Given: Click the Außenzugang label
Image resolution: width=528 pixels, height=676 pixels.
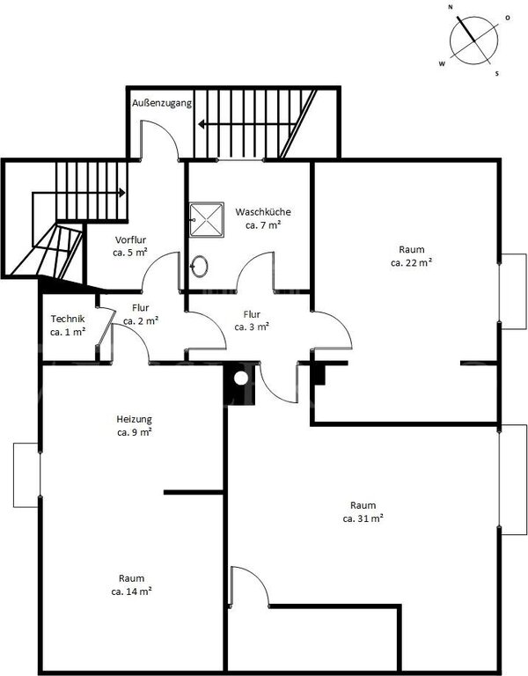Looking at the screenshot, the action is [x=162, y=104].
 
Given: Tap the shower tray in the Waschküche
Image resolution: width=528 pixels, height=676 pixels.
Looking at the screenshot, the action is [x=207, y=219].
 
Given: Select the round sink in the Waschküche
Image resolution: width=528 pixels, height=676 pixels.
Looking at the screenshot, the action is [x=199, y=267].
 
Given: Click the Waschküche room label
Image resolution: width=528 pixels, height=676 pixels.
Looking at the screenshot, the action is [x=263, y=212].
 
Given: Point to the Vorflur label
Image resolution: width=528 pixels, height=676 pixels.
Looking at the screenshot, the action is [x=130, y=239].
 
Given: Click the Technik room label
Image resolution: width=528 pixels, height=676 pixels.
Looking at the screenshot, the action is [x=68, y=319].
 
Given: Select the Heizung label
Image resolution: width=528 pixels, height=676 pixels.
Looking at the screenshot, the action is [x=134, y=420].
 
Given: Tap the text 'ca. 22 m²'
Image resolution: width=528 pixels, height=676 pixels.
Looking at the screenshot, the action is [x=411, y=262].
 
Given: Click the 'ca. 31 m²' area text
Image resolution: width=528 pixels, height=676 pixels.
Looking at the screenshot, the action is [x=363, y=518].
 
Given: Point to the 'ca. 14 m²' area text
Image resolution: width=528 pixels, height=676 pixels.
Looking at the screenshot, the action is [x=131, y=591].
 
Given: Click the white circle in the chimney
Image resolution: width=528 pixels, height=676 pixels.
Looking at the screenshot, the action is [x=241, y=378].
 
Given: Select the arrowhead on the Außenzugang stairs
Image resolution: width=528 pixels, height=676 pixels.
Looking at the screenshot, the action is [x=202, y=125].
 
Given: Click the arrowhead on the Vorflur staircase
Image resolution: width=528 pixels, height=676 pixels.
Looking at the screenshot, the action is [x=122, y=193].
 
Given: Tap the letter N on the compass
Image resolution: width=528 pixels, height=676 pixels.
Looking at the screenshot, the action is [x=451, y=7].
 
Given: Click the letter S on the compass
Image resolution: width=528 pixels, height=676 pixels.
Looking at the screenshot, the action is [x=497, y=74].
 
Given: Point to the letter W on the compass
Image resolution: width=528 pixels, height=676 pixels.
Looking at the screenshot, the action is [x=442, y=63].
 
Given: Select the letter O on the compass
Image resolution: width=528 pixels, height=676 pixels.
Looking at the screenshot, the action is [x=508, y=18].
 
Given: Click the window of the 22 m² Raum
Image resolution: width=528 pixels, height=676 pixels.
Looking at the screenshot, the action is [x=513, y=292].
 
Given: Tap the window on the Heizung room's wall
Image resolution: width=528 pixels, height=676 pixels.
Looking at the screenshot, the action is [x=26, y=475].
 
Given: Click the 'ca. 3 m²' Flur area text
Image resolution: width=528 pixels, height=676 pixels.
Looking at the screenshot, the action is [x=253, y=327].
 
